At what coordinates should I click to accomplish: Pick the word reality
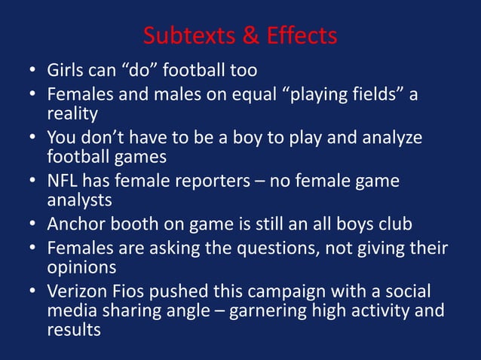pyautogui.click(x=72, y=114)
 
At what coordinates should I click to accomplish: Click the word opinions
pyautogui.click(x=80, y=267)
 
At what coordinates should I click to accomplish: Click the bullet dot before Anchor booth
pyautogui.click(x=33, y=224)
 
